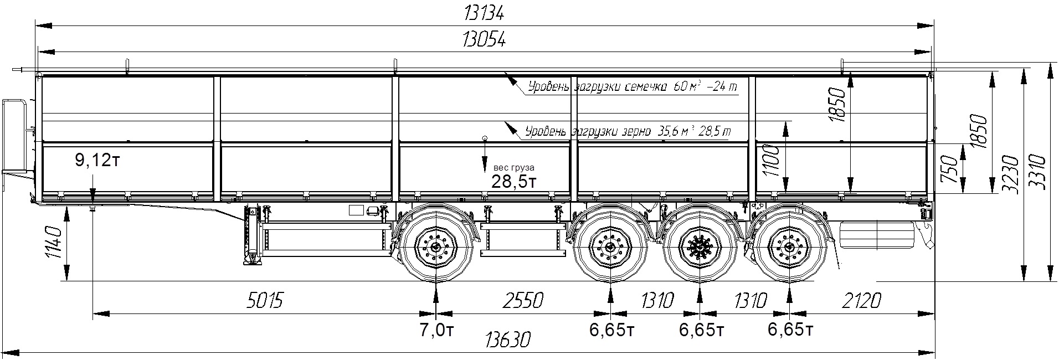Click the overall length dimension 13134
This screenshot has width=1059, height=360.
pos(484,13)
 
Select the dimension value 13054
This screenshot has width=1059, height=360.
pos(484,40)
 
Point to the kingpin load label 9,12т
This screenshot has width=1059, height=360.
pos(97,161)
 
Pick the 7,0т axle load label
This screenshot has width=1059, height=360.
pos(436,331)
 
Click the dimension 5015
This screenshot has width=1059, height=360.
pos(264,301)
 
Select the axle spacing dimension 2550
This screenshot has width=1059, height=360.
pos(522,301)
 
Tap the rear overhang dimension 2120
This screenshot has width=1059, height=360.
pos(860,301)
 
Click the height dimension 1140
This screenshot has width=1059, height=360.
pos(54,242)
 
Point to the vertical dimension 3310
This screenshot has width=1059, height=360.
pos(1039,172)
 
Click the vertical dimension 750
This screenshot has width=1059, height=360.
pos(949,169)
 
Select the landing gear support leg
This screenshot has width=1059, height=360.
pos(253,235)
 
